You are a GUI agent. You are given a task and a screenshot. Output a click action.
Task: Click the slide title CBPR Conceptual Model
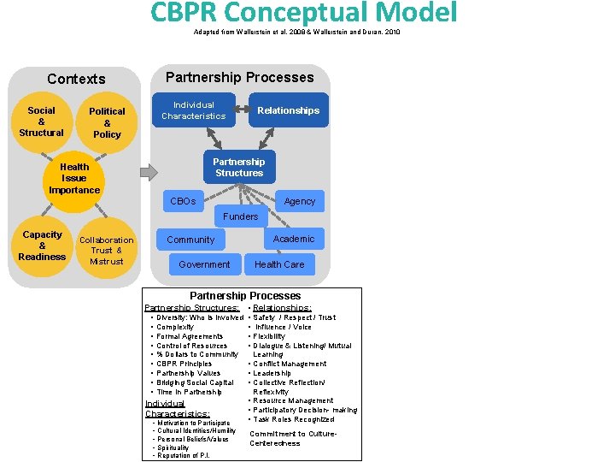pos(303,13)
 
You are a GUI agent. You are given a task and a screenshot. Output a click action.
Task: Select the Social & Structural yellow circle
pos(41,121)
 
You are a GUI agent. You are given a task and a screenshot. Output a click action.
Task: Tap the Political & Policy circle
pos(107,122)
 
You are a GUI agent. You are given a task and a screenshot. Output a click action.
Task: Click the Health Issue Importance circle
pos(74,178)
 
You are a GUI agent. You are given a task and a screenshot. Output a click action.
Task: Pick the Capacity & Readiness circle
pos(42,246)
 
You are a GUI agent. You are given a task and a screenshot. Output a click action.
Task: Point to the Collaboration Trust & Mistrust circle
pos(107,251)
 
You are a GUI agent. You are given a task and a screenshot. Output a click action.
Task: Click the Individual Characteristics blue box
pos(194,110)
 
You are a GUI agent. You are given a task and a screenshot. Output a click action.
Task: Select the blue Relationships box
pos(288,110)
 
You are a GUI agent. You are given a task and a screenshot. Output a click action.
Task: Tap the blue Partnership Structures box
pos(239,167)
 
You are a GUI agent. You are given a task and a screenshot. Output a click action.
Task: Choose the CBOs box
pos(183,201)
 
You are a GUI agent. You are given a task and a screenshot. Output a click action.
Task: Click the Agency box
pos(300,201)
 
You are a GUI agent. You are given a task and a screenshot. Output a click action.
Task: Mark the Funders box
pos(240,216)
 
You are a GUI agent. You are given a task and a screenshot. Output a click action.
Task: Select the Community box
pos(190,240)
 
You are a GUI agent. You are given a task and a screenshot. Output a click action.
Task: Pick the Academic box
pos(294,239)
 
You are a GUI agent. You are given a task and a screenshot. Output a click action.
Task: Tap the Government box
pos(204,264)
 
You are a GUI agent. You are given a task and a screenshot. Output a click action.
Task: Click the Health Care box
pos(279,264)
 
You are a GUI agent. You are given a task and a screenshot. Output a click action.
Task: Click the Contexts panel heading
pos(76,79)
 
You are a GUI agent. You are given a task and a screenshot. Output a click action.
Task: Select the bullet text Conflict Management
pos(290,364)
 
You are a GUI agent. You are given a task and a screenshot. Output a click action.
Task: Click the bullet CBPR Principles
pos(184,364)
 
